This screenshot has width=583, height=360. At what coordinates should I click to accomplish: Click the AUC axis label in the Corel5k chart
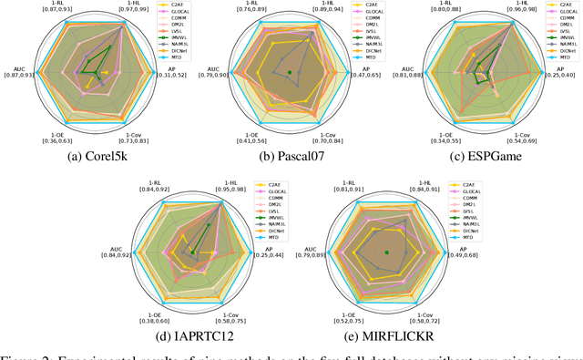pyautogui.click(x=18, y=68)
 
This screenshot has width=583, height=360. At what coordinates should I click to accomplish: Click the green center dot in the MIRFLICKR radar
pyautogui.click(x=387, y=252)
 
